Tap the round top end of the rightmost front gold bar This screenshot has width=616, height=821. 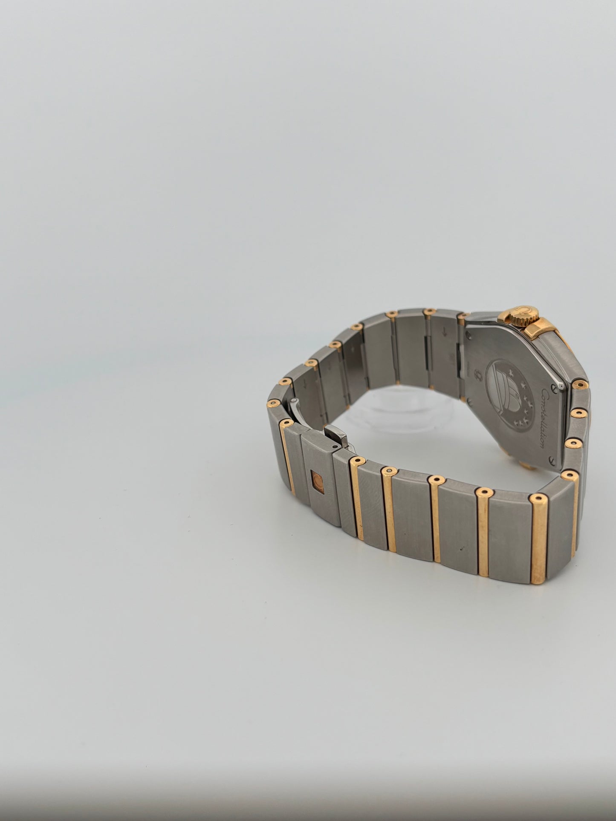point(538,499)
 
